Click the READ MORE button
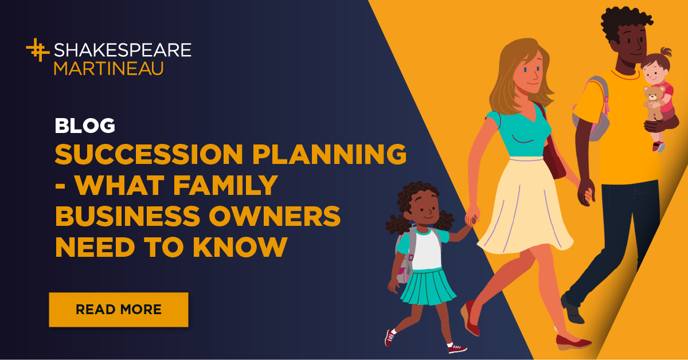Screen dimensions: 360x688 (x=119, y=310)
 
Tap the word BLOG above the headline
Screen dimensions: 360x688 (x=85, y=126)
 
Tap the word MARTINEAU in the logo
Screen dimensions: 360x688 (x=109, y=68)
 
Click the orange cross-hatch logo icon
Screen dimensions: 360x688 (x=38, y=50)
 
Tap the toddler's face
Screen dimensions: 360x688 (x=653, y=71)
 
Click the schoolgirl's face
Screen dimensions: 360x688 (x=417, y=210)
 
